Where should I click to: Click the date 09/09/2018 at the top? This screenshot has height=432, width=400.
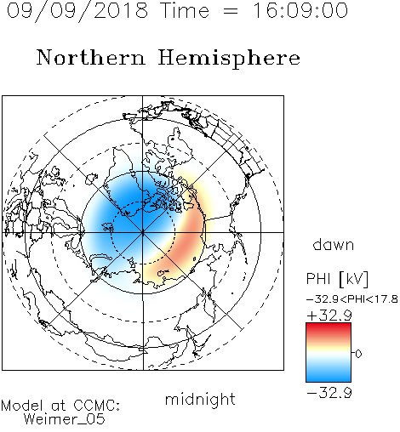[x=77, y=11]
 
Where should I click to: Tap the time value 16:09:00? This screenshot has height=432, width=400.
[x=300, y=10]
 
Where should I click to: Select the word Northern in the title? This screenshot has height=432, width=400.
[x=91, y=57]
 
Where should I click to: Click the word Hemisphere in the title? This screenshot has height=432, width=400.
[x=229, y=58]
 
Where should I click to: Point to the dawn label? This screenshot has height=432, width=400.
[x=334, y=245]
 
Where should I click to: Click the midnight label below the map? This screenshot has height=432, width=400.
[x=200, y=399]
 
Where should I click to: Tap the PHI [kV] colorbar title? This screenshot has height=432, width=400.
[x=337, y=279]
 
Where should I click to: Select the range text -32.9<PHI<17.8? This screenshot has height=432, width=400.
[x=352, y=299]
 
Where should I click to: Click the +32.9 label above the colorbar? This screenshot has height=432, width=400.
[x=329, y=315]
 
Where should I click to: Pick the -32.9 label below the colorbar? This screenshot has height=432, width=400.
[x=329, y=393]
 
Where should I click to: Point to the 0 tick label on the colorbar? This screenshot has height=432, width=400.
[x=358, y=354]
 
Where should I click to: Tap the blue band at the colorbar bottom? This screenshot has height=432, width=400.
[x=329, y=376]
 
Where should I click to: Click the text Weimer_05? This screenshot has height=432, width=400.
[x=65, y=419]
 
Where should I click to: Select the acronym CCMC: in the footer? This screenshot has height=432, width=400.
[x=96, y=406]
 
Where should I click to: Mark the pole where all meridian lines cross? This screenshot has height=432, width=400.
[x=143, y=233]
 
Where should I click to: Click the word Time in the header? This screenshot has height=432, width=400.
[x=185, y=10]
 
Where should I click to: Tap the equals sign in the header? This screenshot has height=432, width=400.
[x=231, y=12]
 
